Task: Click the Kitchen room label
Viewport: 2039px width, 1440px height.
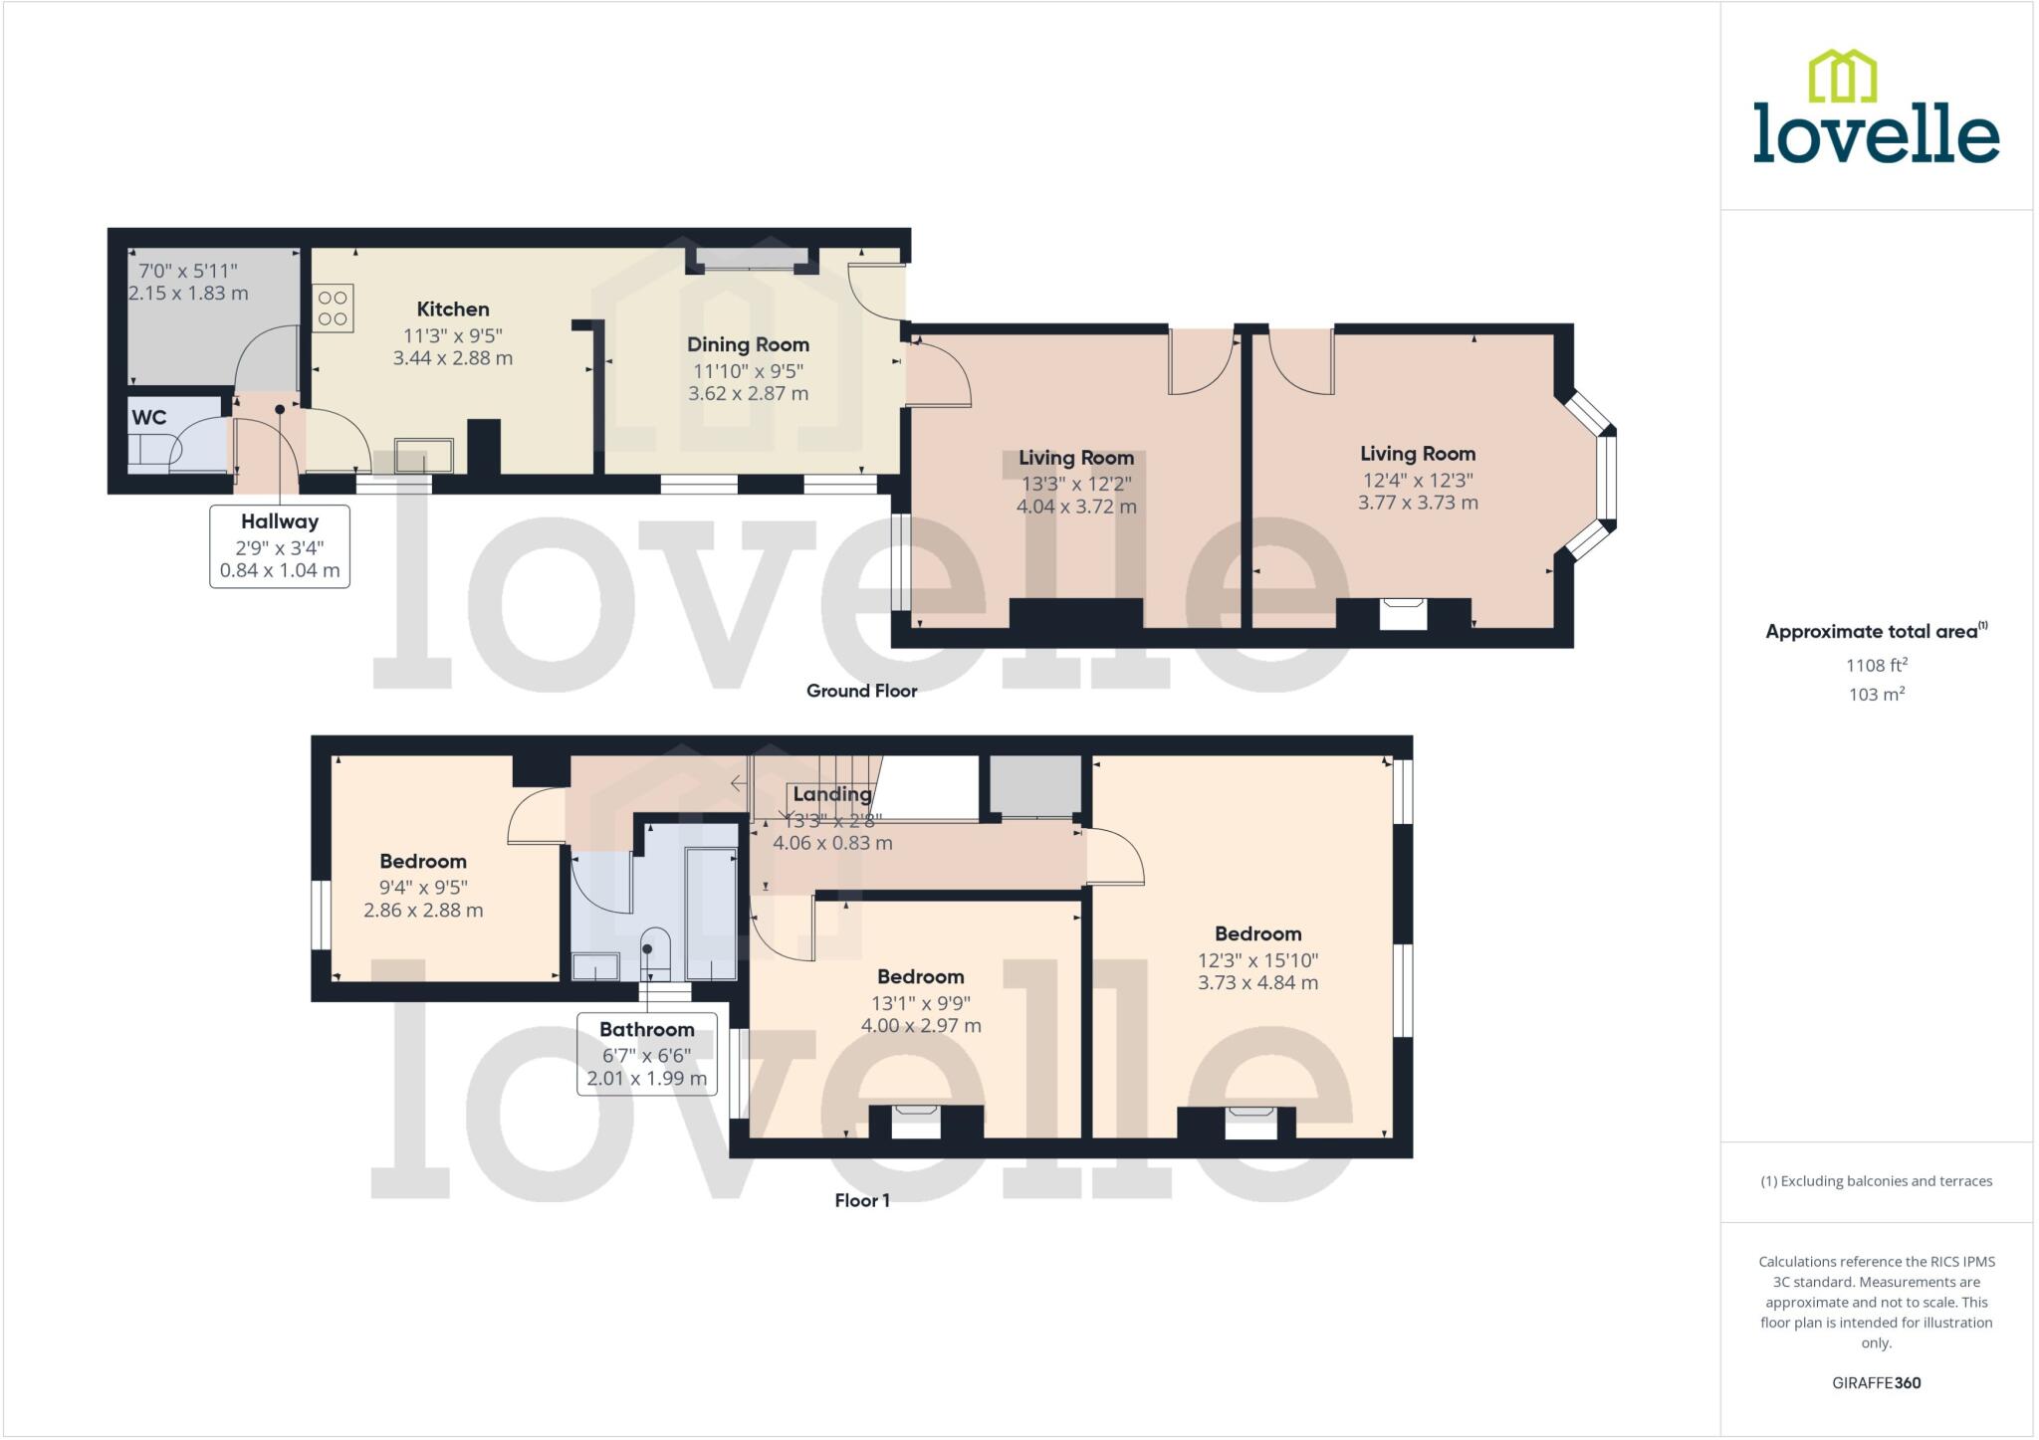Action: pyautogui.click(x=452, y=309)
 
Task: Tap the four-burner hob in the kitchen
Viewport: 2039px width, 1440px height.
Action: pyautogui.click(x=333, y=309)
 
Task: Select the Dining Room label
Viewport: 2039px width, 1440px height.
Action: pyautogui.click(x=748, y=345)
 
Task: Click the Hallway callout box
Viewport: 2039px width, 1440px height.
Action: pyautogui.click(x=280, y=546)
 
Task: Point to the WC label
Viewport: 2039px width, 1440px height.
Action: pyautogui.click(x=149, y=418)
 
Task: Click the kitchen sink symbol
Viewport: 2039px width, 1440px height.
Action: pyautogui.click(x=423, y=457)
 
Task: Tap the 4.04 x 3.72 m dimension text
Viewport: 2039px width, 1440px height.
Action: pyautogui.click(x=1076, y=507)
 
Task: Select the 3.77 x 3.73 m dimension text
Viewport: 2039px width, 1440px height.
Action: pyautogui.click(x=1418, y=503)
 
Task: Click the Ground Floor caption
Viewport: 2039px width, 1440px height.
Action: pyautogui.click(x=861, y=691)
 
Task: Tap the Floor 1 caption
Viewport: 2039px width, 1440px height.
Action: pyautogui.click(x=862, y=1200)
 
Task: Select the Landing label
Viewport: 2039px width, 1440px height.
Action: pyautogui.click(x=832, y=794)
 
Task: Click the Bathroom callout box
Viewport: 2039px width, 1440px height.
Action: pyautogui.click(x=647, y=1055)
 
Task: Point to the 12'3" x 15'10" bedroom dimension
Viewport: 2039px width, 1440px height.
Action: pyautogui.click(x=1257, y=960)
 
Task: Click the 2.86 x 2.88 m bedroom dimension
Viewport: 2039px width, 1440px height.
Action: pyautogui.click(x=423, y=911)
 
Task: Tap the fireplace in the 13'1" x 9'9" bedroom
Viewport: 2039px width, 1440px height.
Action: pyautogui.click(x=916, y=1122)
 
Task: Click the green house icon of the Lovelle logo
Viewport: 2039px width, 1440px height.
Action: pyautogui.click(x=1842, y=77)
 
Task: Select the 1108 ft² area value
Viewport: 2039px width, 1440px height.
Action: pyautogui.click(x=1876, y=665)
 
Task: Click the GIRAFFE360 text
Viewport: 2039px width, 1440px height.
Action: pyautogui.click(x=1876, y=1382)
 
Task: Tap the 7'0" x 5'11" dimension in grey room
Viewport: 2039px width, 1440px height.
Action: pyautogui.click(x=188, y=271)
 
